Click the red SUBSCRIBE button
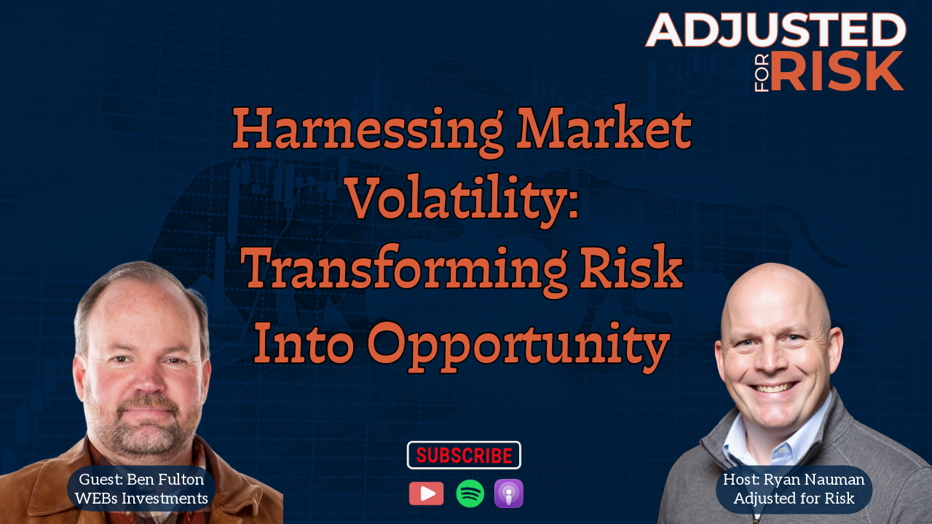464,455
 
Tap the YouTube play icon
426,493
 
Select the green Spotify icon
470,493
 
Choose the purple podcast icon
508,493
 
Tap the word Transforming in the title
403,269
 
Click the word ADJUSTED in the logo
776,30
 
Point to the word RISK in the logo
837,71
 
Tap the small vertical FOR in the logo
762,72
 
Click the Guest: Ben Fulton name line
141,480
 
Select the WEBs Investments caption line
141,499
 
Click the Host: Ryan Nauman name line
794,480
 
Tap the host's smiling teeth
775,389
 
